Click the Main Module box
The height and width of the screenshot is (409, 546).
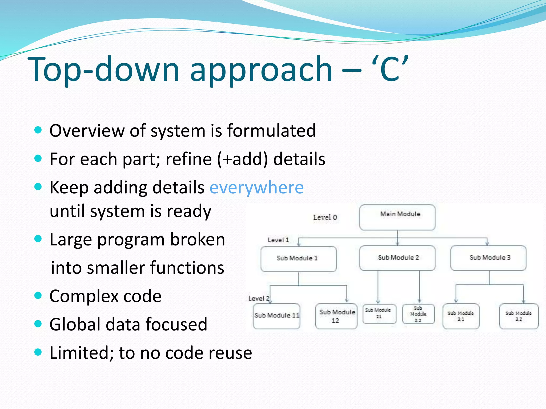click(x=397, y=217)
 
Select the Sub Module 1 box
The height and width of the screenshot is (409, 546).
click(x=298, y=259)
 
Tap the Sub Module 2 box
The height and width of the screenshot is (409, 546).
click(x=397, y=258)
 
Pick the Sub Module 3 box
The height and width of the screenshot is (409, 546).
click(x=488, y=258)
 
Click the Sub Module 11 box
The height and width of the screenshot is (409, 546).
click(x=276, y=316)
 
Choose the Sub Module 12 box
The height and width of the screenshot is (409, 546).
click(x=336, y=316)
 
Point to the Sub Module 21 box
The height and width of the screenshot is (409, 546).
click(x=379, y=314)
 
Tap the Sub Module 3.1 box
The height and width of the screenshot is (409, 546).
click(x=461, y=316)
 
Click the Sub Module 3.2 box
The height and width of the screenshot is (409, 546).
click(x=519, y=316)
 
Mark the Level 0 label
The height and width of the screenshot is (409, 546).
click(x=325, y=218)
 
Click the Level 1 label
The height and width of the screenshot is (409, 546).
click(x=278, y=240)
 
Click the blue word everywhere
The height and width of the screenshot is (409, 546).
click(x=256, y=188)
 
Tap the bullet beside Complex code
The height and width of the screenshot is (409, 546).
click(x=38, y=295)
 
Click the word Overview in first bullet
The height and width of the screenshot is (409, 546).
click(x=87, y=131)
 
